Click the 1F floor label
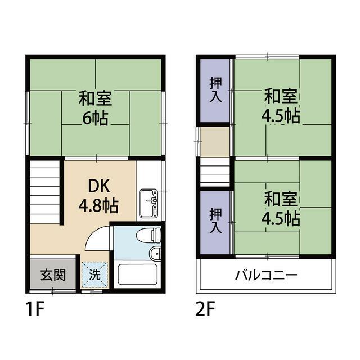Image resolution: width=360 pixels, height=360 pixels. (35, 309)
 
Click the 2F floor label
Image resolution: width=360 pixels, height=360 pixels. (205, 309)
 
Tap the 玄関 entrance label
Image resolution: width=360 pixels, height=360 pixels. (53, 275)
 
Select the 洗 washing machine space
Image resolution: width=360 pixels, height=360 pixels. (95, 274)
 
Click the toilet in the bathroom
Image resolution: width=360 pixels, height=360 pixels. (148, 235)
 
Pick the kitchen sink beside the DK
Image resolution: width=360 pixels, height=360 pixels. (148, 203)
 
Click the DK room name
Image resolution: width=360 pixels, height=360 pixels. (99, 187)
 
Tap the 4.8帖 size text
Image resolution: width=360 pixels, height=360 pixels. (98, 205)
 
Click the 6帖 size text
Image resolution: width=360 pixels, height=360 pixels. (95, 118)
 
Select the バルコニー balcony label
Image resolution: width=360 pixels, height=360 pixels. (266, 275)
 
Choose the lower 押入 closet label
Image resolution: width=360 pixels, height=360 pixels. (216, 220)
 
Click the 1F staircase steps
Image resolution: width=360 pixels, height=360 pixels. (45, 192)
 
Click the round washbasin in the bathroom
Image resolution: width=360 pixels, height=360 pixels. (155, 254)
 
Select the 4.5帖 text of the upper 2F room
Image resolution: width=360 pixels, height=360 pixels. (281, 116)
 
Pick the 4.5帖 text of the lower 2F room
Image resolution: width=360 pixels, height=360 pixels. (281, 218)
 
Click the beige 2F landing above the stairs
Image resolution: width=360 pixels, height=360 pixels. (215, 142)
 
